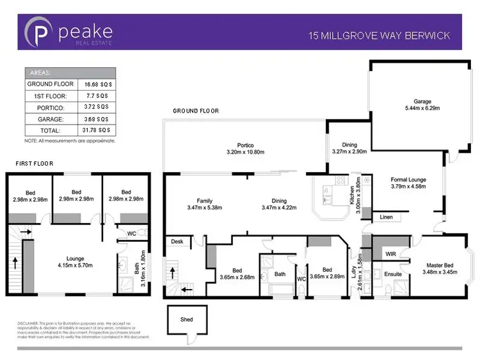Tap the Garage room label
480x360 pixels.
(x=423, y=101)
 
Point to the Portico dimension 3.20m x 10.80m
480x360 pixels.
(x=245, y=152)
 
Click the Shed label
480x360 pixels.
(x=186, y=319)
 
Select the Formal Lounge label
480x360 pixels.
(x=408, y=180)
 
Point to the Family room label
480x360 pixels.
(x=204, y=201)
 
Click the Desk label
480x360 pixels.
(x=177, y=242)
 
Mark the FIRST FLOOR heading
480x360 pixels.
(x=35, y=164)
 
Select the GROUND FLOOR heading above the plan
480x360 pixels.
(x=196, y=111)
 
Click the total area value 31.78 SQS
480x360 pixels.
(x=96, y=130)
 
